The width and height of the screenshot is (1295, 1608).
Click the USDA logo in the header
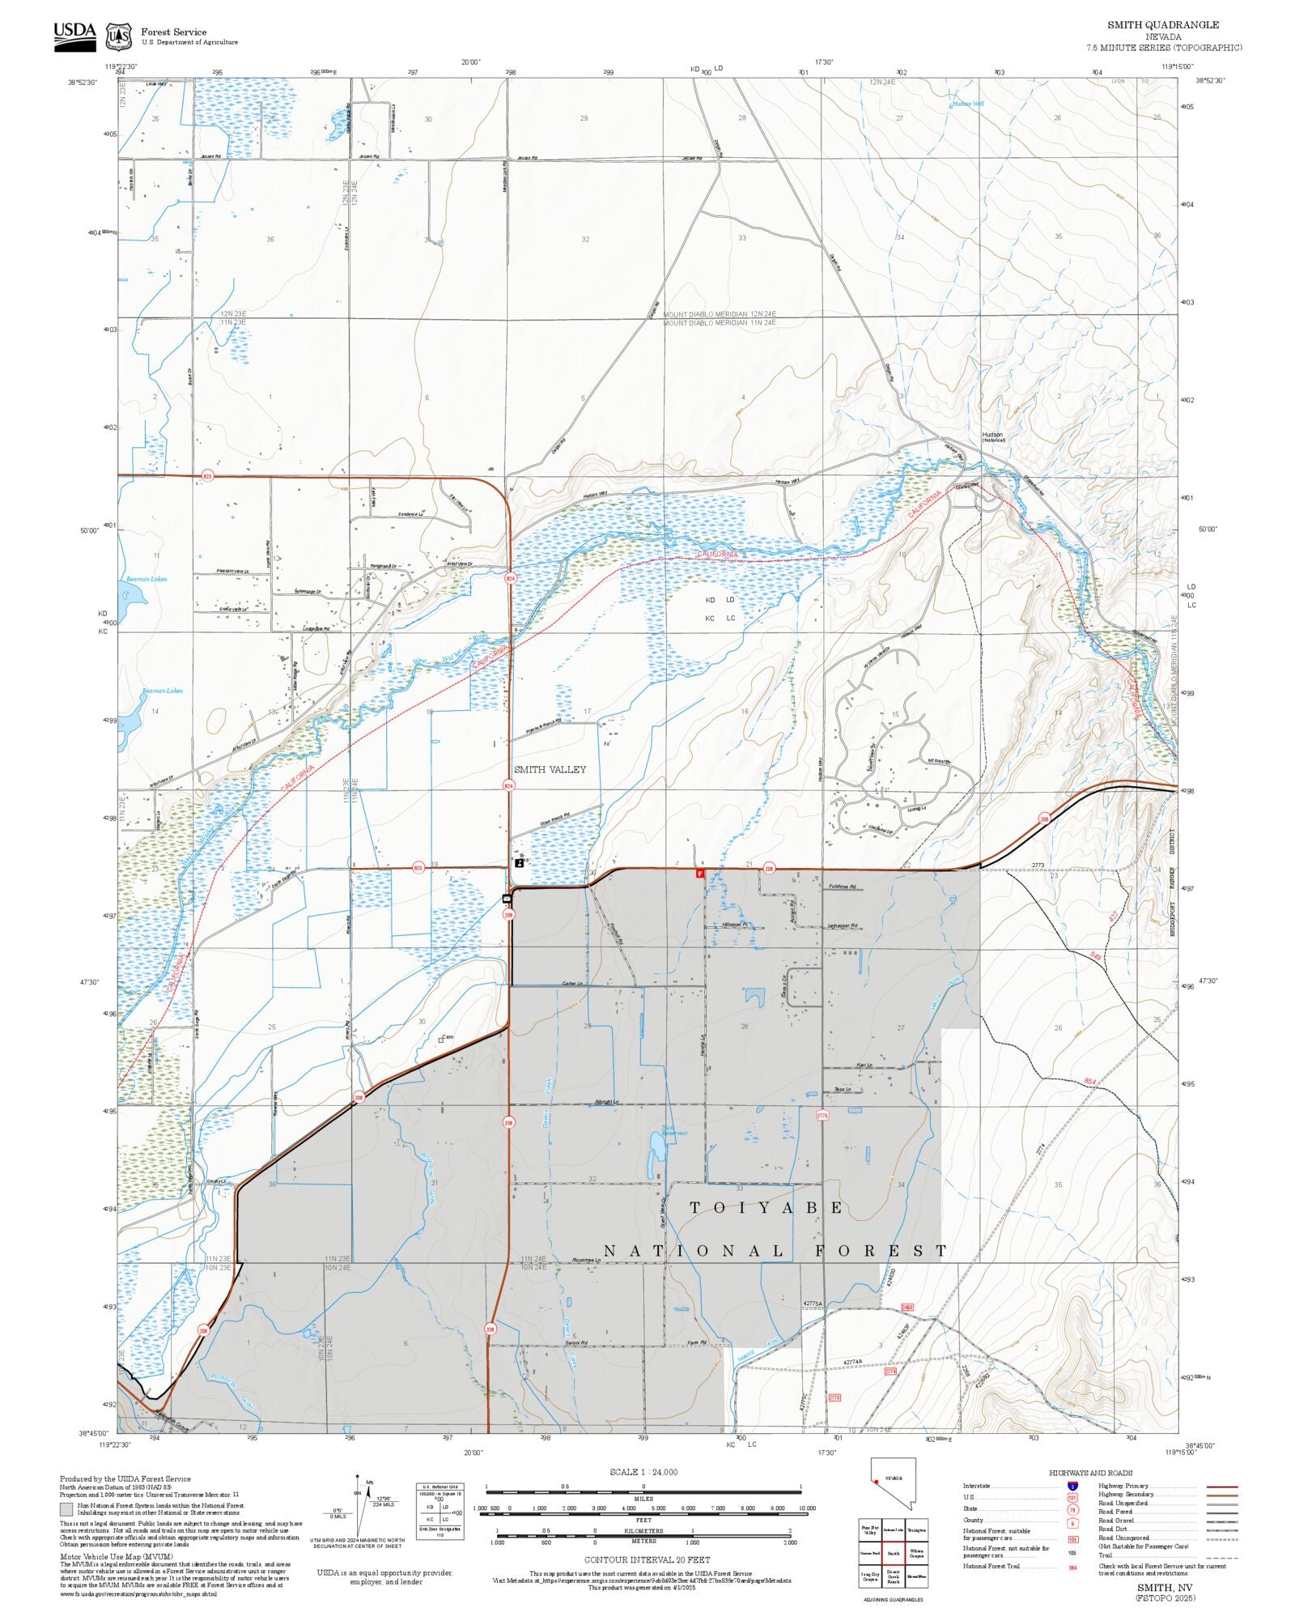pos(74,36)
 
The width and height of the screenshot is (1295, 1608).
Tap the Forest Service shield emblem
pos(119,36)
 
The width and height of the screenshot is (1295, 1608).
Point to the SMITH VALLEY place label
pos(550,769)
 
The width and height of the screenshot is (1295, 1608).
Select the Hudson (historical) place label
pos(992,436)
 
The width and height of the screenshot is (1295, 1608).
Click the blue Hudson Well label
pos(967,104)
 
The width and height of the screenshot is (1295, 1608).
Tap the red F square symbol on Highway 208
pos(700,874)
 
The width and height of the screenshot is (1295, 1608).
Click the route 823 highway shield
pos(206,476)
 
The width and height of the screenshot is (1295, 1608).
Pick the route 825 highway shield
pos(418,868)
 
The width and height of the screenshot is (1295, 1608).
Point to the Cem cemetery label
pos(447,1037)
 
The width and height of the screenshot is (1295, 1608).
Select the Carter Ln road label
pos(572,984)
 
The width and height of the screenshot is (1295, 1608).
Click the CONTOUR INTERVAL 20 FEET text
pos(647,1559)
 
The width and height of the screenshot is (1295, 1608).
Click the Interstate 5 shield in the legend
pos(1072,1487)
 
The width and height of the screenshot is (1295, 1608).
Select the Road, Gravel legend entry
pos(1116,1521)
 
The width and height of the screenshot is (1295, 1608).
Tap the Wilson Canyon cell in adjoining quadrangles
pos(916,1553)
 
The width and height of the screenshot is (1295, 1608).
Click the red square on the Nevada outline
pos(877,1483)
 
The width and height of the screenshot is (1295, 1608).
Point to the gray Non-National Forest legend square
pos(66,1509)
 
